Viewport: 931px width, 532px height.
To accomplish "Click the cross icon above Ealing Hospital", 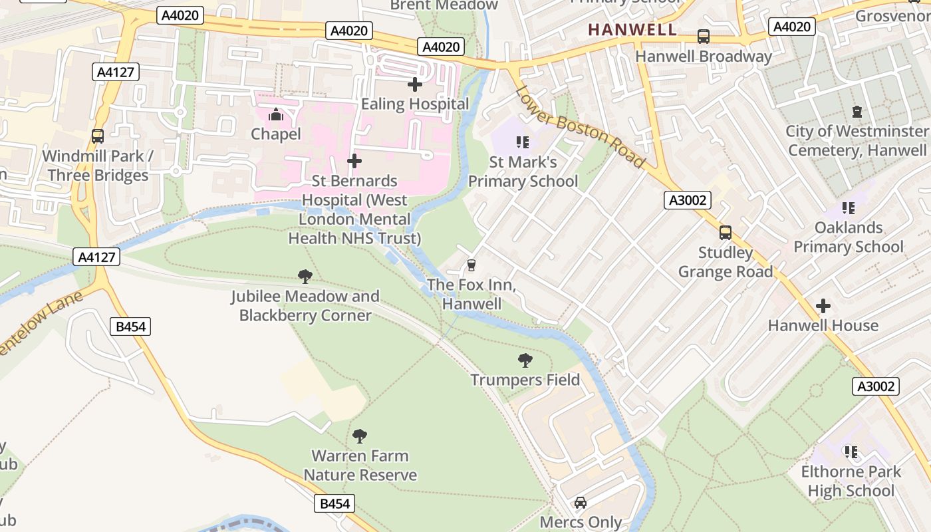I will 415,84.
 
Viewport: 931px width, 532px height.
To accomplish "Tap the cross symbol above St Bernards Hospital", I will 354,161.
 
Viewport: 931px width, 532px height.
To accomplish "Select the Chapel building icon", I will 275,115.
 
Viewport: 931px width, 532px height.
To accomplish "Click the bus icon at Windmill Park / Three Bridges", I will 98,136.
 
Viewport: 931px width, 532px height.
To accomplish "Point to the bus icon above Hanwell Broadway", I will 703,37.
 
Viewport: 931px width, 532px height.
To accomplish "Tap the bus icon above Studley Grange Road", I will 725,233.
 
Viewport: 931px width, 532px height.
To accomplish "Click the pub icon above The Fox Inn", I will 471,265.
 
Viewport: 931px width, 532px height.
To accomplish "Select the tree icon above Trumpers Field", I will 525,360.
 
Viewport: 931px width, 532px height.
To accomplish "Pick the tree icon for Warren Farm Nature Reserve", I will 360,436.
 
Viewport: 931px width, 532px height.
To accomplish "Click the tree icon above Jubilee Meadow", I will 305,277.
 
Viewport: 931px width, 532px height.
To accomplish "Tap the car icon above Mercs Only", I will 581,503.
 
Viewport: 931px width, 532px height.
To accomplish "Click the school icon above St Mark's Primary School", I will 523,142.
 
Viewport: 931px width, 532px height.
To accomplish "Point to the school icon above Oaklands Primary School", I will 848,208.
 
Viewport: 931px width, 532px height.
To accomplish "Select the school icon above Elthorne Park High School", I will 851,452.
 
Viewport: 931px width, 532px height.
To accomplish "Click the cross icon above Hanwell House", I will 823,306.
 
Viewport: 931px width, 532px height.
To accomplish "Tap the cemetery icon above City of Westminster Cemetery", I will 857,112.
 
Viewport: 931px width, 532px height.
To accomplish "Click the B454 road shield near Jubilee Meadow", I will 130,327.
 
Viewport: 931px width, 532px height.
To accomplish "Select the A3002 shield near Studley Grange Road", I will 688,199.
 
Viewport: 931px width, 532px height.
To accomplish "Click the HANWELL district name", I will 632,29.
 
